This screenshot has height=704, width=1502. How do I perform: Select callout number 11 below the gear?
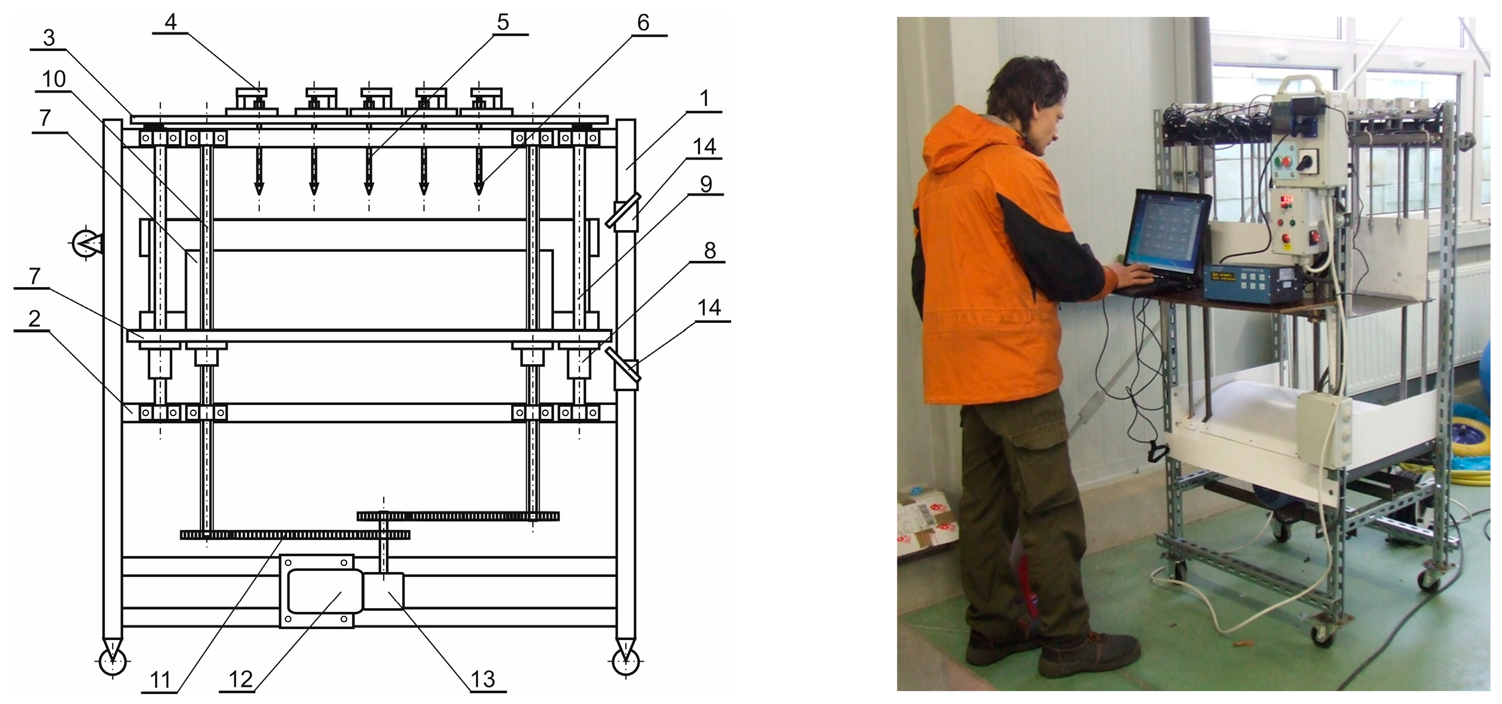tap(160, 680)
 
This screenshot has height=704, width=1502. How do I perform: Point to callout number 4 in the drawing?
tap(170, 22)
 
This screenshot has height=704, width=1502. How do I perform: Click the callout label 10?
tap(54, 79)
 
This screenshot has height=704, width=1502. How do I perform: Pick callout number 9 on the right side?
tap(705, 184)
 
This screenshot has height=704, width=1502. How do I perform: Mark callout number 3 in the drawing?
tap(49, 38)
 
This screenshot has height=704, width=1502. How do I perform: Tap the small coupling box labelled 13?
tap(383, 591)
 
